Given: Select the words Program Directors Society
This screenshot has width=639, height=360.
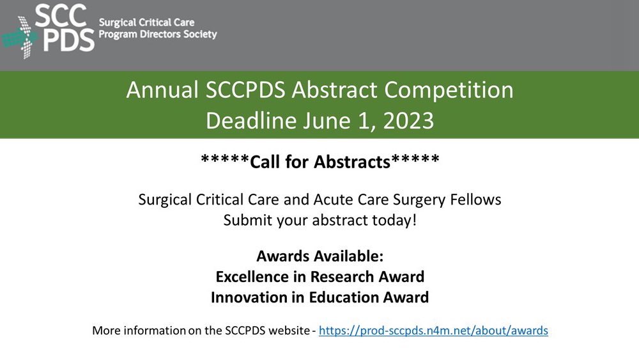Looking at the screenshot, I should pos(158,34).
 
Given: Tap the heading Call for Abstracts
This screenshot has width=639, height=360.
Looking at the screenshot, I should pos(319,162).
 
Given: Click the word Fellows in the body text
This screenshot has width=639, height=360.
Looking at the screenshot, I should pos(477,200).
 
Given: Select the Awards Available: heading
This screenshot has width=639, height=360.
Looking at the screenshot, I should pos(319,256).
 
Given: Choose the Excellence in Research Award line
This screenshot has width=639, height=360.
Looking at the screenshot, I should pos(319,277).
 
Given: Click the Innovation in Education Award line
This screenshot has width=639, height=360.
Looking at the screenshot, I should pos(319,297).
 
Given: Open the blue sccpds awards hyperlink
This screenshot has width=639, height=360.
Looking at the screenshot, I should pos(433,331).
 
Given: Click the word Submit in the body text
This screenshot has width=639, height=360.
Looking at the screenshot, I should pos(245,221).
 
